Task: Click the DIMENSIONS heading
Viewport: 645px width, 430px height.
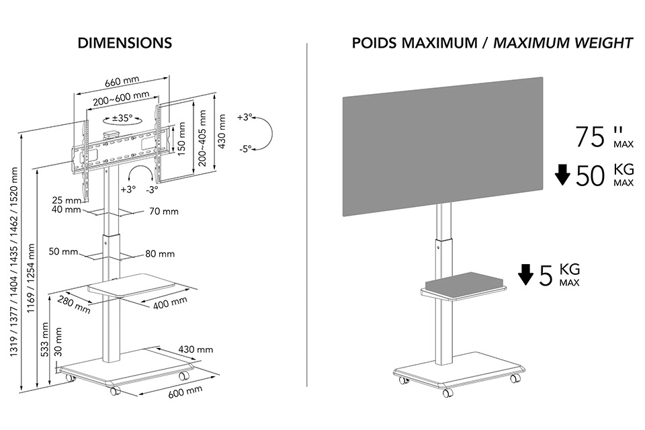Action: point(124,44)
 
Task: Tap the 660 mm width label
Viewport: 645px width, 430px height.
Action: point(122,83)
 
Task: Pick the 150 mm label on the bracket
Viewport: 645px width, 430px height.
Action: point(181,139)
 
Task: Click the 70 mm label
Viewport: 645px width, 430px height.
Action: point(164,212)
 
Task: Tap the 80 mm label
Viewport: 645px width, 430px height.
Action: point(160,254)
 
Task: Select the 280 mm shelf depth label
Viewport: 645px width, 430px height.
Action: point(74,304)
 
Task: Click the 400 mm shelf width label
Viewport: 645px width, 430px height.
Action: point(170,302)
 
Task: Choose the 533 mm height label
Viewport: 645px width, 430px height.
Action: point(45,341)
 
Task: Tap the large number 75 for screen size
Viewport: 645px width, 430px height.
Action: point(591,137)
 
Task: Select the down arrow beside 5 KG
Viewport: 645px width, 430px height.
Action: point(525,274)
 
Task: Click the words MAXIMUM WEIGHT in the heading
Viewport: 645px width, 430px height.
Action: point(563,44)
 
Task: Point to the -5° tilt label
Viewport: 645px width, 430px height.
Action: point(245,149)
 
